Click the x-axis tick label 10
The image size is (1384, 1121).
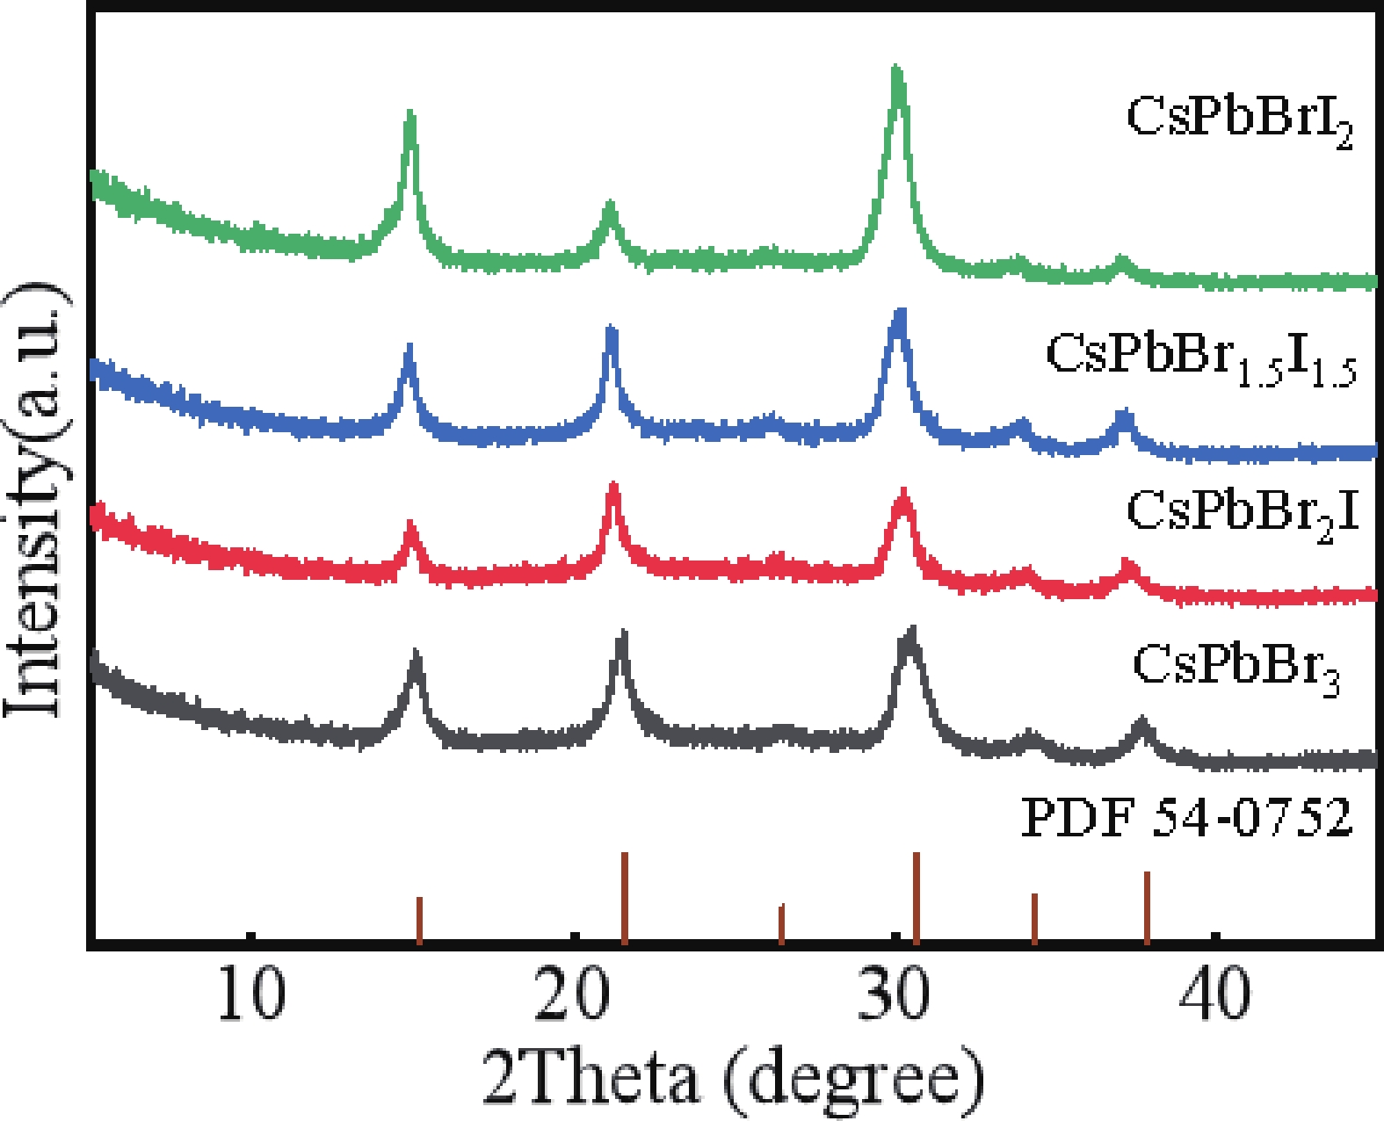pos(251,994)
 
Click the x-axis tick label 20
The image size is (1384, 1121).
pos(572,994)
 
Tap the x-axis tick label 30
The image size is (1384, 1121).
pos(894,994)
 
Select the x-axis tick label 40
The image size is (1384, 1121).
pos(1215,994)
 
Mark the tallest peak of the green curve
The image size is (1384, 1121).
pos(896,70)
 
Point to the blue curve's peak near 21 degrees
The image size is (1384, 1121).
pos(612,330)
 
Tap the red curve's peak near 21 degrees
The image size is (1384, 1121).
pos(613,487)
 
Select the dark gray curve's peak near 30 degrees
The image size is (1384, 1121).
pos(911,633)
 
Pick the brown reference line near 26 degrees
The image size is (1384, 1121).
pos(781,923)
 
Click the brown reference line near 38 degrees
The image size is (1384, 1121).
pos(1147,908)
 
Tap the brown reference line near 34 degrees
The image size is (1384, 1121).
pos(1034,918)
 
